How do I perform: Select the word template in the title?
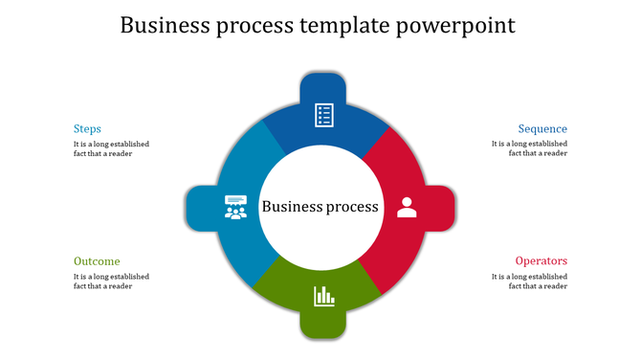click(x=346, y=26)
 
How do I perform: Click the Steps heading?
click(x=87, y=129)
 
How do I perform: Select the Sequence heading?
click(x=542, y=129)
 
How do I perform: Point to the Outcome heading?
click(x=97, y=261)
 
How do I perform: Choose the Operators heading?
click(x=542, y=261)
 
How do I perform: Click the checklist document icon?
click(x=323, y=115)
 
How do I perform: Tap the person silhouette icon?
click(x=407, y=207)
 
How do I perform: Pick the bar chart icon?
click(x=323, y=297)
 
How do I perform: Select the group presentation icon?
click(x=235, y=207)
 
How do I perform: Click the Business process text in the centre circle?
click(x=320, y=207)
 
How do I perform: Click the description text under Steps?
click(x=111, y=148)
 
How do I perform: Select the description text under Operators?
click(x=529, y=281)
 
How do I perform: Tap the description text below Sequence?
click(x=529, y=148)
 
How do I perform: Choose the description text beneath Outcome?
click(x=111, y=281)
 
